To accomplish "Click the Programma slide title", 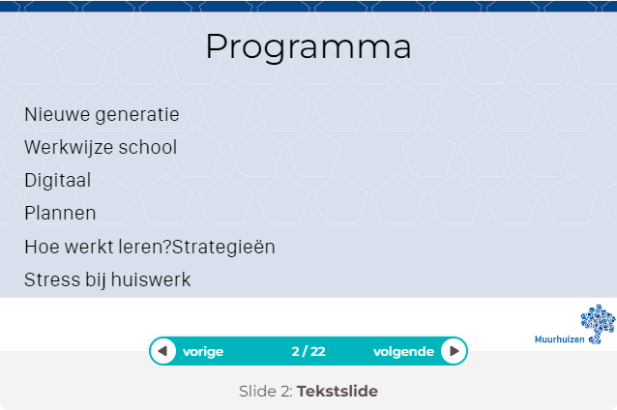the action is tap(308, 47).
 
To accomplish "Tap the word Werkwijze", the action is tap(69, 148).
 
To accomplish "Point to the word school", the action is tap(148, 147).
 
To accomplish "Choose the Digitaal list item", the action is tap(57, 181).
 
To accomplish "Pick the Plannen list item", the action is tap(60, 214).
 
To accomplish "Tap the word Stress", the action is tap(52, 279).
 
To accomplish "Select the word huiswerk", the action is tap(151, 279).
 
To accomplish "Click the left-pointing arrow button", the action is tap(162, 351).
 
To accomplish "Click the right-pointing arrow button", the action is tap(454, 351).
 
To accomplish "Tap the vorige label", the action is tap(203, 351).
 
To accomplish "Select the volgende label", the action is tap(403, 351).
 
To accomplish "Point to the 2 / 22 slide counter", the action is tap(308, 351).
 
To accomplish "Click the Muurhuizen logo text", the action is tap(560, 339).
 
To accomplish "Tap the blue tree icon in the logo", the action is tap(598, 323).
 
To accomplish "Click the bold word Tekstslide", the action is tap(338, 391).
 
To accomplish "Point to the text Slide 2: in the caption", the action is tap(266, 391).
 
